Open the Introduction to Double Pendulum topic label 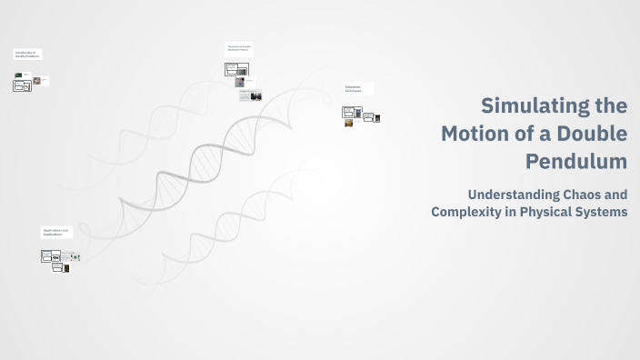pos(26,55)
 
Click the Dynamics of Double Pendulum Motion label pos(239,47)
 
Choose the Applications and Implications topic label pos(55,232)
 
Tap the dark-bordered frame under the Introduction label pos(21,85)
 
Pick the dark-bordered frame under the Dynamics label pos(232,68)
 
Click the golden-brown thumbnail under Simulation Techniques pos(348,124)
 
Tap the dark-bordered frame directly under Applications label pos(51,257)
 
